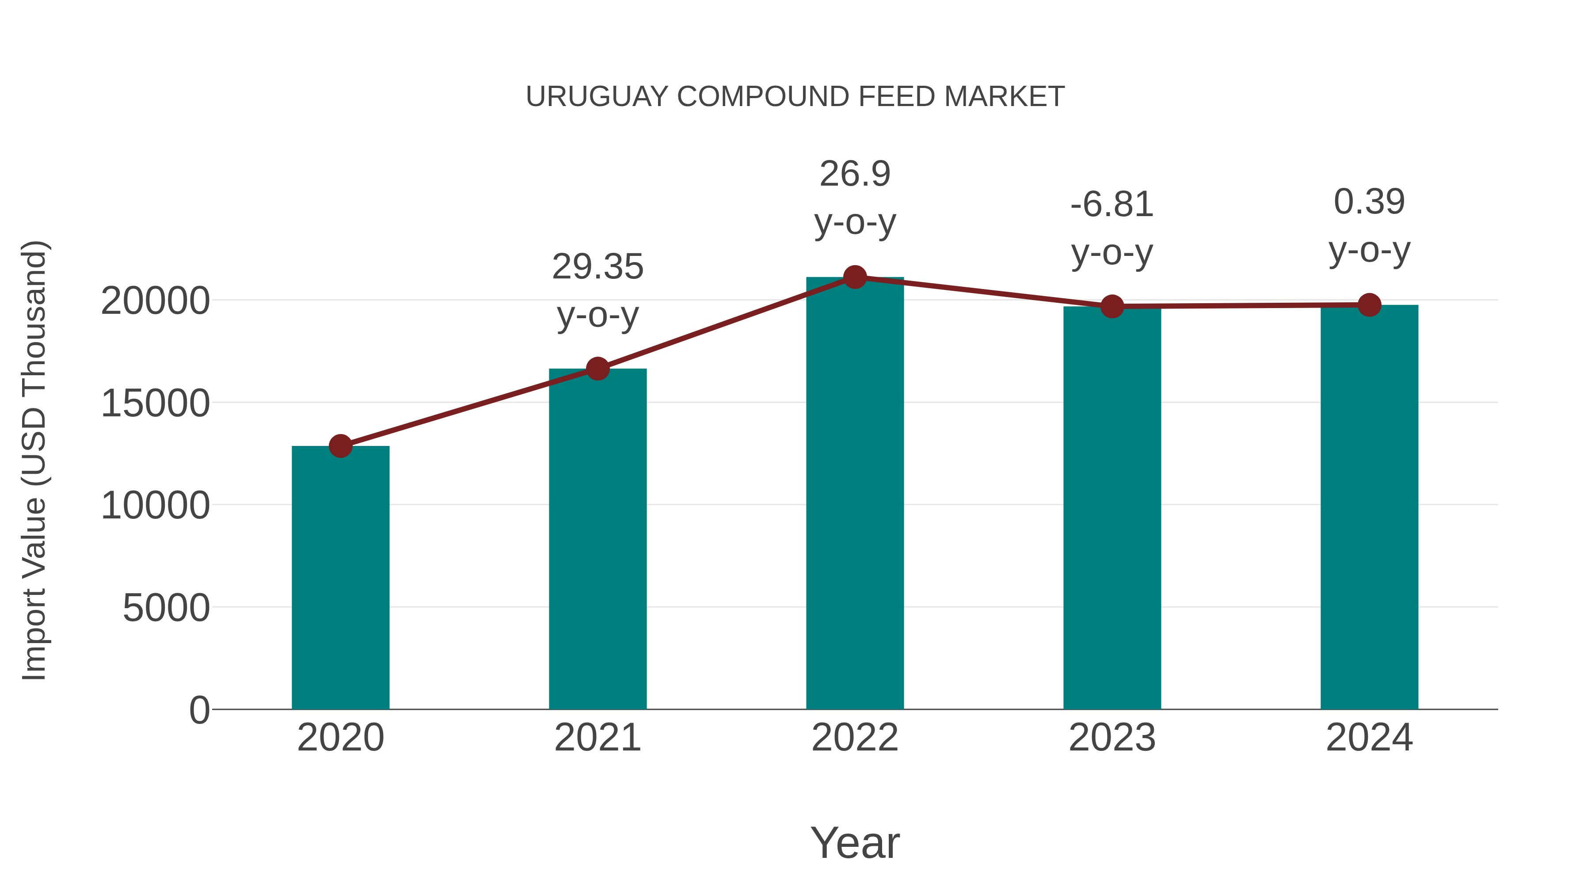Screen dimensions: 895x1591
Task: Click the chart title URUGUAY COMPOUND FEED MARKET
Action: [x=795, y=97]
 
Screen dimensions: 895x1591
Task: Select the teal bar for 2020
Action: [x=340, y=578]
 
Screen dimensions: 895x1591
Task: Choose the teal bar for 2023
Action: [x=1112, y=508]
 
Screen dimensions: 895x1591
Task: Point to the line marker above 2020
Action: [x=340, y=446]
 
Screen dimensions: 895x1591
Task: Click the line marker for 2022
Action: [x=855, y=277]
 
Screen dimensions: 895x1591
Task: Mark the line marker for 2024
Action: [x=1369, y=305]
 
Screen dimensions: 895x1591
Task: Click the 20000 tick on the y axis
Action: [x=155, y=301]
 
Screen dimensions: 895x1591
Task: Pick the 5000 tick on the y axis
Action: [x=166, y=609]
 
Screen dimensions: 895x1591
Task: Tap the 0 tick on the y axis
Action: [x=199, y=710]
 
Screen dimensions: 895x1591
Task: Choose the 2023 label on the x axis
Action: [x=1112, y=738]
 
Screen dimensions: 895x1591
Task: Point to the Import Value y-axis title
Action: [x=34, y=460]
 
